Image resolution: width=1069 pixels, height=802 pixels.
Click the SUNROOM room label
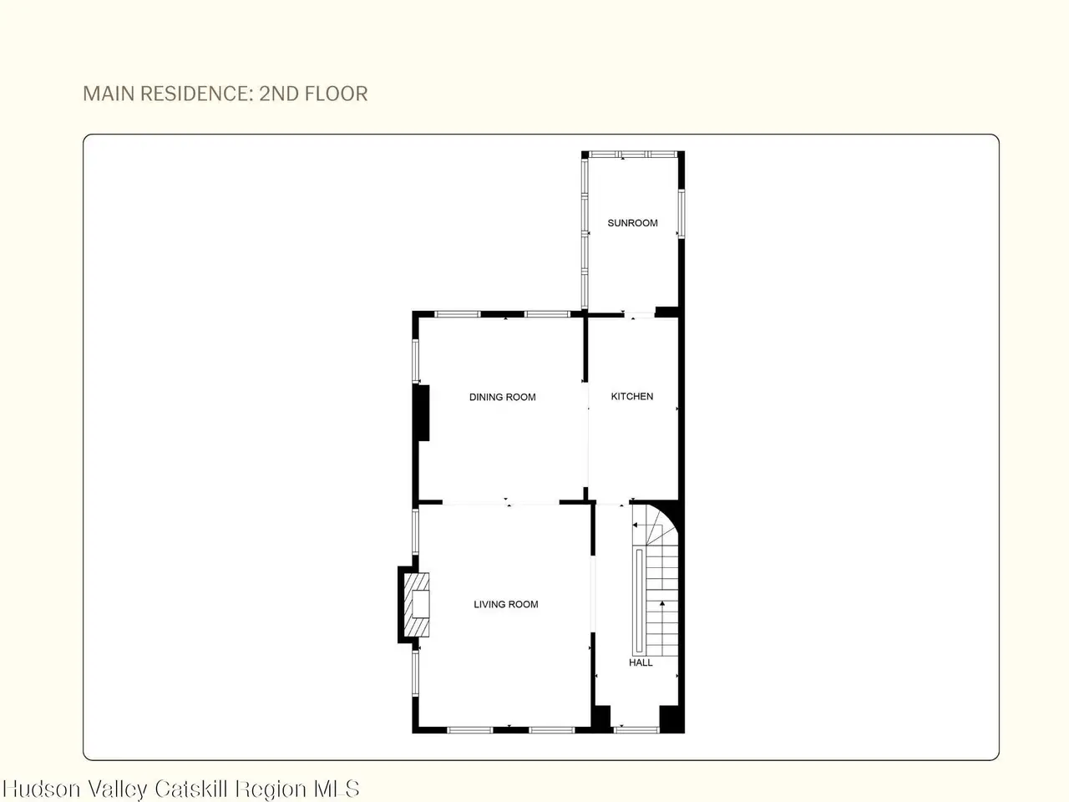point(632,223)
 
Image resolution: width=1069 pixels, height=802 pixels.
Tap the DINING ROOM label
point(502,397)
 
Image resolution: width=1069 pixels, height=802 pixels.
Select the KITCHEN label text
point(631,396)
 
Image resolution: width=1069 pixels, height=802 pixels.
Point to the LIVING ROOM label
point(505,604)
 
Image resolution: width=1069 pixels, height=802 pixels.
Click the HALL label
point(641,662)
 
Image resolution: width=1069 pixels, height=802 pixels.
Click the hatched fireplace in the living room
point(417,604)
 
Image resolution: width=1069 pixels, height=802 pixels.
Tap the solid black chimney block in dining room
point(421,413)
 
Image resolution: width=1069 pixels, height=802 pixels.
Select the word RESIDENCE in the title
point(196,94)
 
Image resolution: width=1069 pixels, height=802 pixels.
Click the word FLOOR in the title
point(336,94)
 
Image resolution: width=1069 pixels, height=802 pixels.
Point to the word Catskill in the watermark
point(191,789)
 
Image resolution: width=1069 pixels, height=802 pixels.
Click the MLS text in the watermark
point(337,789)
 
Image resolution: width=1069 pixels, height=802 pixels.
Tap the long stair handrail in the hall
point(639,601)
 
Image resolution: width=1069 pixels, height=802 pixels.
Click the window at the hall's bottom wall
point(636,729)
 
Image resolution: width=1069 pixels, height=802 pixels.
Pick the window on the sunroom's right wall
point(681,214)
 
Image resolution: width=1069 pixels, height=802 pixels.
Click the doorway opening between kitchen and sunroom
point(639,315)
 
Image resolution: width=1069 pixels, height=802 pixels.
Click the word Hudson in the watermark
point(42,789)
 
